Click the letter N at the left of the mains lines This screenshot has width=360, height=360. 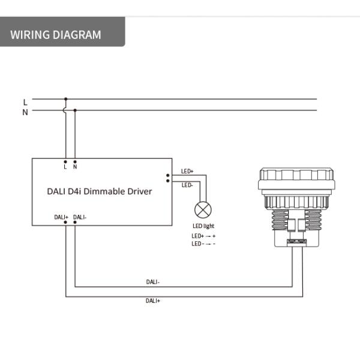(25, 112)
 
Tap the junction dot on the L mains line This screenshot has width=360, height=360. (65, 99)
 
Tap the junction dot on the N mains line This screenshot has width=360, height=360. (75, 110)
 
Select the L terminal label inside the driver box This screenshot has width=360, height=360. (65, 167)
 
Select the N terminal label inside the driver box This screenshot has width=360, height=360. (75, 167)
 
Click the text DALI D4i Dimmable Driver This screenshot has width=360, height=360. (100, 191)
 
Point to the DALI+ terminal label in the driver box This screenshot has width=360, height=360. (61, 217)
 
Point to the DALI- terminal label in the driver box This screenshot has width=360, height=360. (80, 217)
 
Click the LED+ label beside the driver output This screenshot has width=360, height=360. (187, 172)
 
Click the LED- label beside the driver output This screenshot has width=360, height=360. (187, 185)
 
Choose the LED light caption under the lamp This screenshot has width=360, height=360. (203, 226)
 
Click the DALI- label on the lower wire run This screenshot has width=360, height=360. (153, 281)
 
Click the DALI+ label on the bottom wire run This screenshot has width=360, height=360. (153, 300)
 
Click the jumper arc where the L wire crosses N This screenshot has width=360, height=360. (65, 110)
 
